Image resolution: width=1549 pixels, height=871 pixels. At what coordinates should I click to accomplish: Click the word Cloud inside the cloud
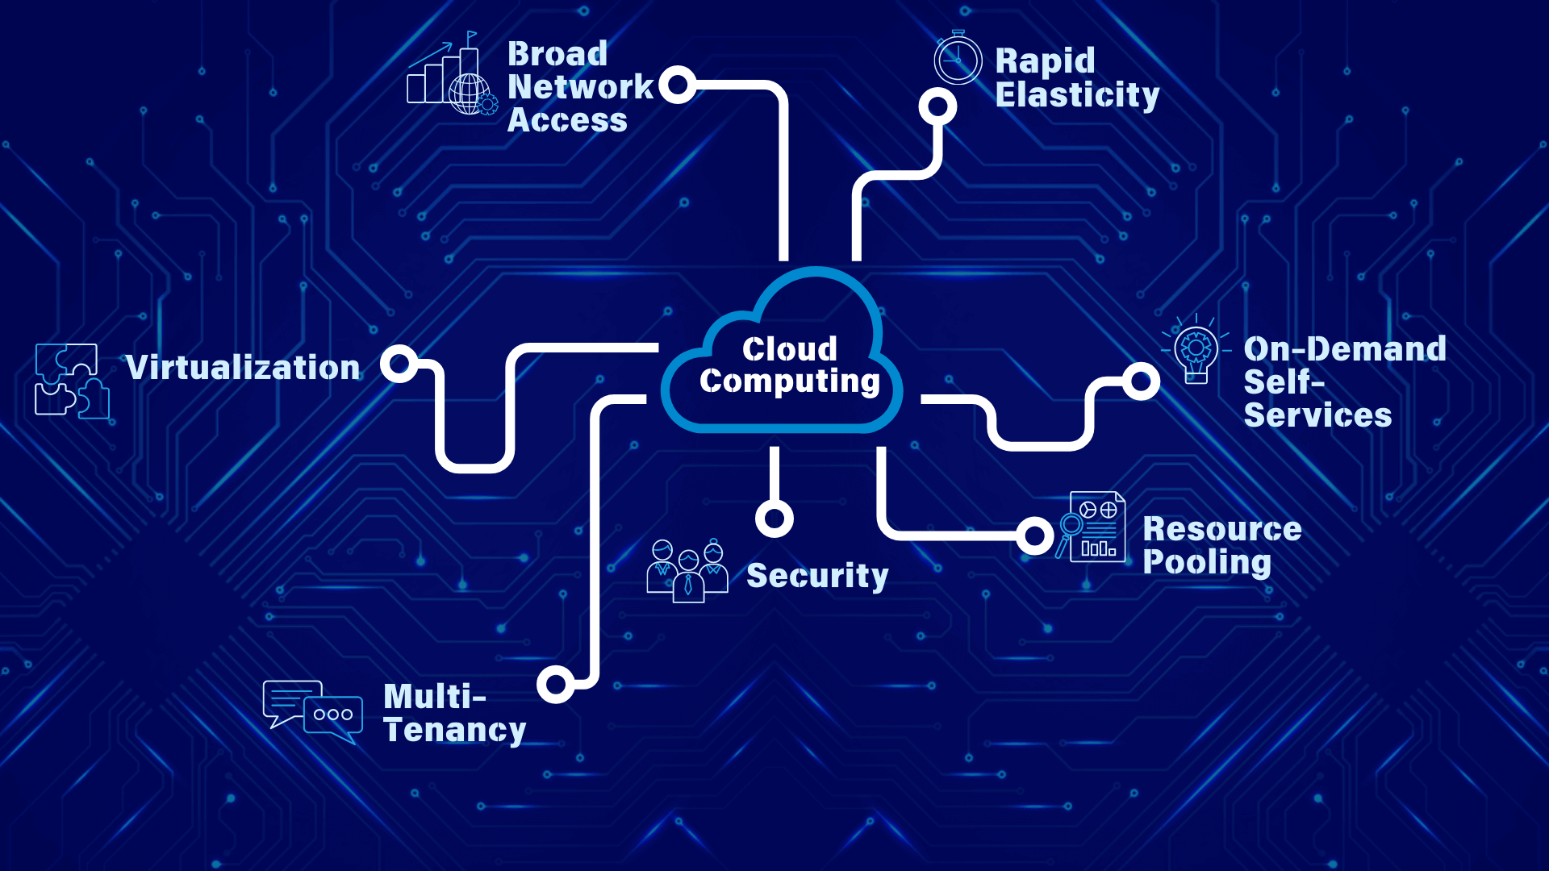pos(789,349)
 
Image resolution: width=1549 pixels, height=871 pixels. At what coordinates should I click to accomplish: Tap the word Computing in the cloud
pos(789,381)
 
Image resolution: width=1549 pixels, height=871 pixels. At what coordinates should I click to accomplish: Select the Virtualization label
pos(243,368)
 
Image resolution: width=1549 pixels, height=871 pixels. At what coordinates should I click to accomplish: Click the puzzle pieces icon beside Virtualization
pos(72,381)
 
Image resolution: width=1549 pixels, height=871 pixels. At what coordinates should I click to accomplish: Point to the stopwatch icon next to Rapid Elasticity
pos(958,59)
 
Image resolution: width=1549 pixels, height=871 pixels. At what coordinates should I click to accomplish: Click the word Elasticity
pos(1077,95)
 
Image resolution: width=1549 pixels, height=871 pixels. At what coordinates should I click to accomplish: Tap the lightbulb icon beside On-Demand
pos(1196,352)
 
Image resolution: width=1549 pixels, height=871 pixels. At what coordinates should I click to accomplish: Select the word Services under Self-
pos(1317,415)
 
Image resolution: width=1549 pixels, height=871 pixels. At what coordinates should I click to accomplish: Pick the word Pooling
pos(1207,562)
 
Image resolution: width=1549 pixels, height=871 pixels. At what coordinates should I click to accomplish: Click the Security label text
pos(817,576)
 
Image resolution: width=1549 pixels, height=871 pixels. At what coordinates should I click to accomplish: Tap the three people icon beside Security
pos(687,570)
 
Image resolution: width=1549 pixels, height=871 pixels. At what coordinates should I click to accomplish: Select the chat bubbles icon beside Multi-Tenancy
pos(313,711)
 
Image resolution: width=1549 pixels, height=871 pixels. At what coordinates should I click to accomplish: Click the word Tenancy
pos(454,730)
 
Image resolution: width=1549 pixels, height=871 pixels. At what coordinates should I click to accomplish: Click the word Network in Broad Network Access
pos(580,87)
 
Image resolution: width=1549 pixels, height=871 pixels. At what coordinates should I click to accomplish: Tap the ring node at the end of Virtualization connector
pos(399,364)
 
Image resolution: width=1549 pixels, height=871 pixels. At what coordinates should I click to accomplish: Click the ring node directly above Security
pos(774,518)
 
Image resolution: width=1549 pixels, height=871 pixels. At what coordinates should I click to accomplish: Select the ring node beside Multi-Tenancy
pos(555,684)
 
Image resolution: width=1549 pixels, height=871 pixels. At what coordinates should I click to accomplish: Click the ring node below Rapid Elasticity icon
pos(937,106)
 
